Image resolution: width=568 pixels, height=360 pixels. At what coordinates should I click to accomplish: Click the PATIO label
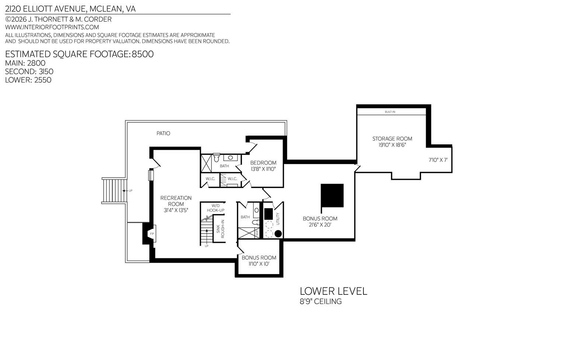point(163,133)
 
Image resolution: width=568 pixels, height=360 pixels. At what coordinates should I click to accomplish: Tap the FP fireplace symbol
point(152,234)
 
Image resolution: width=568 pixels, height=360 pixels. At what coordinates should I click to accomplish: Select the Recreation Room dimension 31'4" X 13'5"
point(176,210)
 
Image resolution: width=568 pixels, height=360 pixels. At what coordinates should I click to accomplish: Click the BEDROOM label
point(263,163)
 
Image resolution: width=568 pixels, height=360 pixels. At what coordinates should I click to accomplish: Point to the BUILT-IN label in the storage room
point(390,112)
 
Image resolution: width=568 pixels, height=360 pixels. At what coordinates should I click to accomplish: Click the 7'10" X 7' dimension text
point(438,160)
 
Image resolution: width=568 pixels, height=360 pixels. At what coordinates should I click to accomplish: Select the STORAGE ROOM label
point(392,139)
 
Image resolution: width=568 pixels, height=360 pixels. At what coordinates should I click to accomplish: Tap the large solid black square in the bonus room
point(332,195)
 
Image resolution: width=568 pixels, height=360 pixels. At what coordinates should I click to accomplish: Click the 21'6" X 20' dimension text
point(320,225)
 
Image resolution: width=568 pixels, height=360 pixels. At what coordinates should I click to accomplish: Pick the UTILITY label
point(278,219)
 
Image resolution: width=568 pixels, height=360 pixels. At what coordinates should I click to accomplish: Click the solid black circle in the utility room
point(278,234)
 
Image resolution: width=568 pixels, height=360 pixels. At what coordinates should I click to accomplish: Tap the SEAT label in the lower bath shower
point(257,233)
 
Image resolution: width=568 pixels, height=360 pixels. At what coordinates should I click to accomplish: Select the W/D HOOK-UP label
point(216,208)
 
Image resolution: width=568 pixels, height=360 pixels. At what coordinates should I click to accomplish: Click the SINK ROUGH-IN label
point(220,229)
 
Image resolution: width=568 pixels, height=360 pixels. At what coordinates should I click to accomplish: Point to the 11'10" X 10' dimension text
point(259,264)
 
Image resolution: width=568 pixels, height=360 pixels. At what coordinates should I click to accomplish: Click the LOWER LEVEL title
point(334,291)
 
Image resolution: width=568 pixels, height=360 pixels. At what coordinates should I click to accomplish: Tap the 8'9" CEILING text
point(321,301)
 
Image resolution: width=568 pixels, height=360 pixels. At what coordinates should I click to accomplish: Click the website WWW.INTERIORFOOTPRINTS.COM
point(52,27)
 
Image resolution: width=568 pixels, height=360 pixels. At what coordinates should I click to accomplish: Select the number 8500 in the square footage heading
point(143,54)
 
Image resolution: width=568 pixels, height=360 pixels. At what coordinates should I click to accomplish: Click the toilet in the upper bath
point(216,158)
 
